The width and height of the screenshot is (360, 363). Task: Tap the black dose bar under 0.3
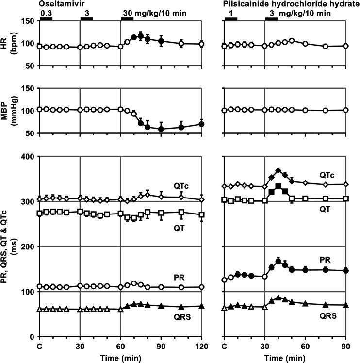[x=46, y=19]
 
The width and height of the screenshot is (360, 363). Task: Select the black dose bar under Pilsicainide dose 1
[x=230, y=19]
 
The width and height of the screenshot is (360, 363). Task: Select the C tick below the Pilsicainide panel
[x=224, y=346]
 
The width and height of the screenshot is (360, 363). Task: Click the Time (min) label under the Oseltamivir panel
[x=121, y=357]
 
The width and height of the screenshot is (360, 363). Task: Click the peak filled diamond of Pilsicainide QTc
[x=278, y=170]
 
